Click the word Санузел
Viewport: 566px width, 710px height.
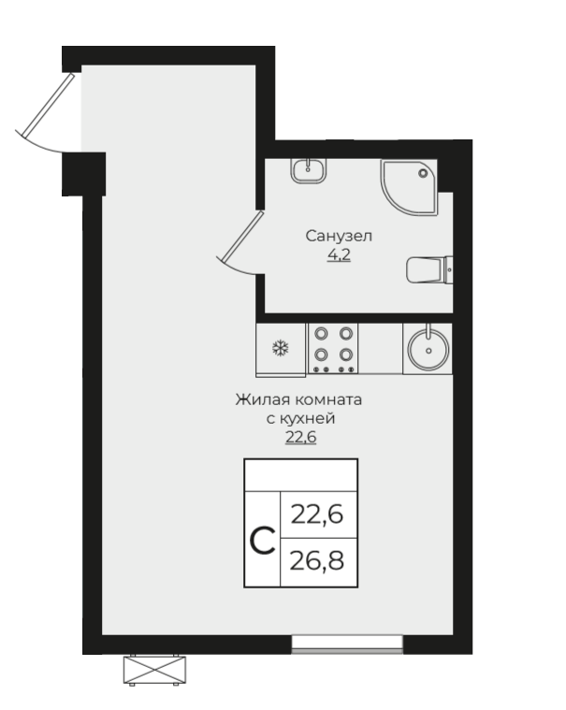tap(339, 236)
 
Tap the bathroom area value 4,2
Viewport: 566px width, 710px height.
tap(340, 255)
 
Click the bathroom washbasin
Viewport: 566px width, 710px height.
tap(309, 171)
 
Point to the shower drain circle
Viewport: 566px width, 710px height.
tap(424, 173)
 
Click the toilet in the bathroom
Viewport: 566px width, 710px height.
tap(429, 269)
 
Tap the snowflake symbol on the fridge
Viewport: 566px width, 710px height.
tap(281, 348)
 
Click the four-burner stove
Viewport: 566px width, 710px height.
tap(333, 348)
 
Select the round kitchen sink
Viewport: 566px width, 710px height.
tap(428, 350)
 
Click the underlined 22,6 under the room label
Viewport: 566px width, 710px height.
tap(300, 438)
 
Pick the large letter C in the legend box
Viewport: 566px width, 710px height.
tap(263, 541)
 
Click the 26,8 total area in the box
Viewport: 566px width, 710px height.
tap(317, 561)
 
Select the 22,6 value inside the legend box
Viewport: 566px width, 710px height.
tap(317, 514)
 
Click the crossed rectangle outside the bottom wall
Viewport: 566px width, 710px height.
tap(154, 670)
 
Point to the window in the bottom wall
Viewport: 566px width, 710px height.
tap(347, 645)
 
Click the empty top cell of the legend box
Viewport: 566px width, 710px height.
tap(301, 475)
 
